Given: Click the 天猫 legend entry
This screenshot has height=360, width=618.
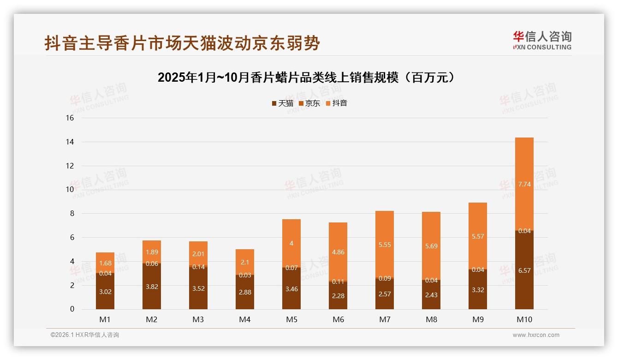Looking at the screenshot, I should [282, 103].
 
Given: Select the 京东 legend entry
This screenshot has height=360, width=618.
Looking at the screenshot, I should [309, 103].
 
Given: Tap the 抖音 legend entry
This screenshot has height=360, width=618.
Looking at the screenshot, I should [336, 103].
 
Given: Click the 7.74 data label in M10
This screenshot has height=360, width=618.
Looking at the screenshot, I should [524, 184].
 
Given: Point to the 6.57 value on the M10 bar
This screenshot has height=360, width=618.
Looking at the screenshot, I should [524, 270].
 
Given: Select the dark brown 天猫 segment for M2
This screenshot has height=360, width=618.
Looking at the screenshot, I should [152, 286].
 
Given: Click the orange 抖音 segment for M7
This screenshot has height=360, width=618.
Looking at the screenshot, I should [385, 245].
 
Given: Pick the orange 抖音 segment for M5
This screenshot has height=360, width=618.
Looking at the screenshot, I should [291, 243].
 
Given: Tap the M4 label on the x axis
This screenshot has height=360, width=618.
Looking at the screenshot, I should [245, 319].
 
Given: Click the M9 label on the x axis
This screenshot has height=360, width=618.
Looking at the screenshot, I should [478, 319].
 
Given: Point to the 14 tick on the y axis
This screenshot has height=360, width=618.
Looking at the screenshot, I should [70, 142].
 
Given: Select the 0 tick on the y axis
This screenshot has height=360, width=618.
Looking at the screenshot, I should [72, 309].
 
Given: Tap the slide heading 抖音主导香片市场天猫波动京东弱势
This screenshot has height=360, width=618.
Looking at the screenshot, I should [182, 43].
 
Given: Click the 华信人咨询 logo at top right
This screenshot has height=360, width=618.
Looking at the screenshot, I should [542, 41].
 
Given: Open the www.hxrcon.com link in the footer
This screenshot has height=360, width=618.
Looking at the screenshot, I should [536, 335].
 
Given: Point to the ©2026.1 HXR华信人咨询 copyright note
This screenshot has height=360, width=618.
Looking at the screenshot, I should [85, 335].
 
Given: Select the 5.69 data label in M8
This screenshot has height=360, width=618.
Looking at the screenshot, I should [431, 246].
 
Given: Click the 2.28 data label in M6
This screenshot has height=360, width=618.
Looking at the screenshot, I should [338, 295].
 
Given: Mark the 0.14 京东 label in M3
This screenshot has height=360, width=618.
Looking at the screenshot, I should [198, 267].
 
